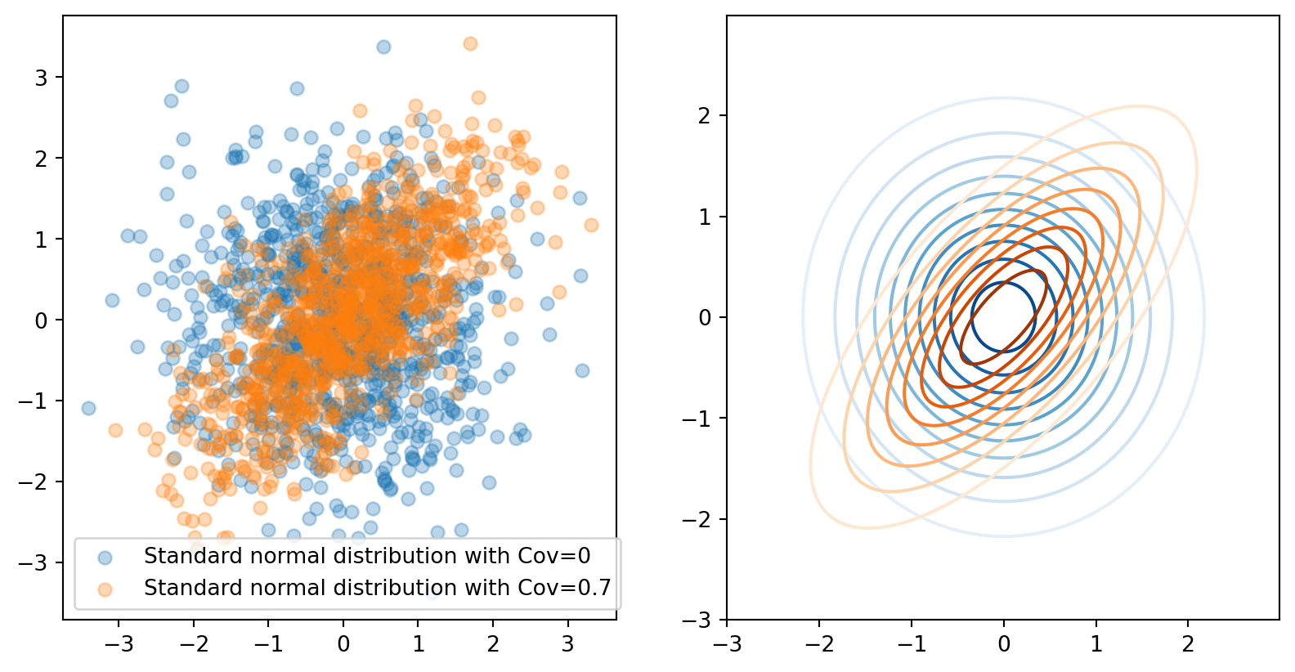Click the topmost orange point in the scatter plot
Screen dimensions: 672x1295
[470, 43]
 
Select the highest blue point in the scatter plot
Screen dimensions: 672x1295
[383, 47]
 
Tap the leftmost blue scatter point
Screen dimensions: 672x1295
[88, 408]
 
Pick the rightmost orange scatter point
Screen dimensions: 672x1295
[591, 225]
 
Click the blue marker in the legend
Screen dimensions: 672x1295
[105, 558]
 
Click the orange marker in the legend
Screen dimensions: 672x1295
[105, 589]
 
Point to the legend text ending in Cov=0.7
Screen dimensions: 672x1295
[377, 588]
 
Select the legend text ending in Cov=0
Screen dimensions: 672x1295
[366, 556]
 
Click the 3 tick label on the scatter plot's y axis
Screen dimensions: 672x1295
[41, 78]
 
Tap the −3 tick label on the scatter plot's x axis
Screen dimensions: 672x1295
[119, 643]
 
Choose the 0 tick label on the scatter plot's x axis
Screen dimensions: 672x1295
[343, 643]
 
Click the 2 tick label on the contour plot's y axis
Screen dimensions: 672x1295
[705, 115]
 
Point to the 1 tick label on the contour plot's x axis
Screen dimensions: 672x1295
[1096, 644]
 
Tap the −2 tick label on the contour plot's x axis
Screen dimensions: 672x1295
[819, 644]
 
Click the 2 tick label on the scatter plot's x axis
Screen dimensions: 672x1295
[493, 643]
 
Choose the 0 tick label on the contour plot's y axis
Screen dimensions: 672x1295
[705, 317]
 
